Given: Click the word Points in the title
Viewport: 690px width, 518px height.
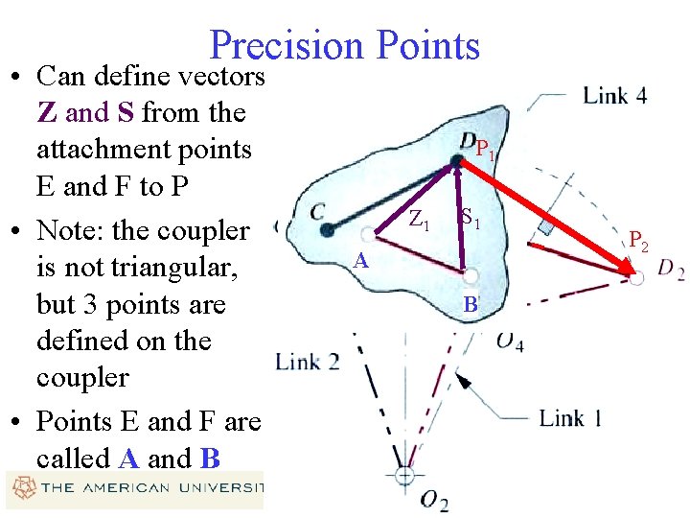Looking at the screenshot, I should pyautogui.click(x=428, y=46).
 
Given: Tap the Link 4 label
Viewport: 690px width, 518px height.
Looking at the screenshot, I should pyautogui.click(x=614, y=96).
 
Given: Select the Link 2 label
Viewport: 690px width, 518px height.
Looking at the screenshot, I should pyautogui.click(x=307, y=362).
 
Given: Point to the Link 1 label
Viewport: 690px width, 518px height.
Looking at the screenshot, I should pyautogui.click(x=570, y=418).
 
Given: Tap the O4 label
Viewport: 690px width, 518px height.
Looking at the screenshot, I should pyautogui.click(x=510, y=341).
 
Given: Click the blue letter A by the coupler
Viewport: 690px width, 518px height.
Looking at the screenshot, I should pyautogui.click(x=359, y=260).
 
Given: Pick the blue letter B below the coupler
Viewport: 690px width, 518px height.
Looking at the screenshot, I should pyautogui.click(x=470, y=306).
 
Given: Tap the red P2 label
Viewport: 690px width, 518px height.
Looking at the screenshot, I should pyautogui.click(x=638, y=241).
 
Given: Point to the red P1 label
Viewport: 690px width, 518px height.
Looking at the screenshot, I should pyautogui.click(x=485, y=152).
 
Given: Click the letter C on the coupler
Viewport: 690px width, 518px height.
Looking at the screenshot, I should pyautogui.click(x=317, y=210).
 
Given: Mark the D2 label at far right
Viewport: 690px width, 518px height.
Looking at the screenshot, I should pyautogui.click(x=670, y=270).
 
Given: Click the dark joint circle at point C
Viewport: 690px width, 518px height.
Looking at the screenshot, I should pyautogui.click(x=328, y=229).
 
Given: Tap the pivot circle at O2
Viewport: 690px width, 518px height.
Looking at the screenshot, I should pyautogui.click(x=405, y=474).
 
